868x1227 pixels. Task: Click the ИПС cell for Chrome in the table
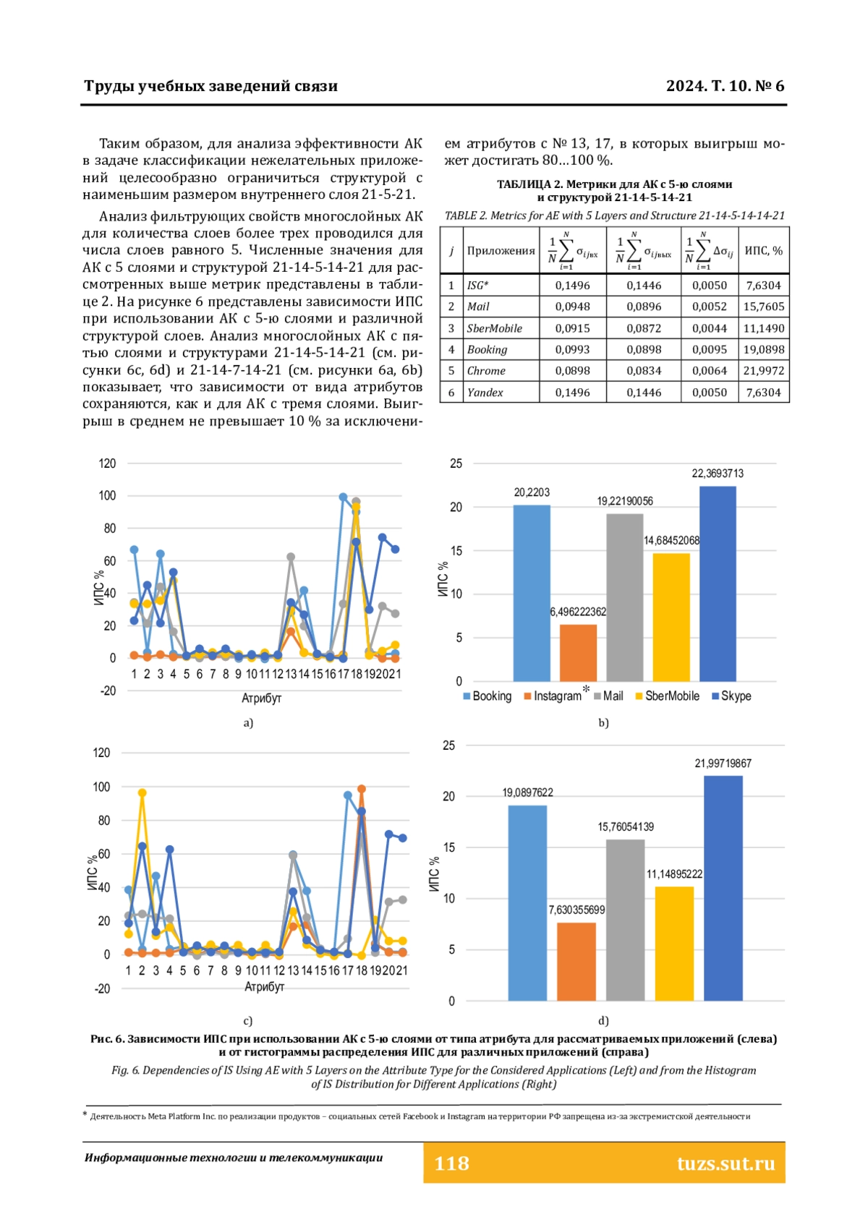click(763, 371)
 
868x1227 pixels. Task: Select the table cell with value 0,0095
click(709, 349)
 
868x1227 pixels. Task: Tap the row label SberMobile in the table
click(494, 328)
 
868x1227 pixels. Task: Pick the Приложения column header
click(501, 251)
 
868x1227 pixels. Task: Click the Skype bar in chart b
click(718, 583)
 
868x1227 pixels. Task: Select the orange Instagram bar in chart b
click(578, 653)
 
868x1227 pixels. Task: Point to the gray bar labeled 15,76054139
click(625, 920)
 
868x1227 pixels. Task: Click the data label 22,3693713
click(718, 474)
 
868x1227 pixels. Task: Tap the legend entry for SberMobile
click(667, 696)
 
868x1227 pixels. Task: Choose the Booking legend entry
click(487, 696)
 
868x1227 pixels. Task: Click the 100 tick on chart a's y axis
click(107, 496)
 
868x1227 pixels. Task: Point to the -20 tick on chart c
click(102, 988)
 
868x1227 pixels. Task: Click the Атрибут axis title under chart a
click(261, 698)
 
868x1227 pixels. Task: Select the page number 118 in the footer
click(451, 1163)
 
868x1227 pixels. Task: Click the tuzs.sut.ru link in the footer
click(726, 1163)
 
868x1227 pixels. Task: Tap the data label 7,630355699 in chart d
click(576, 910)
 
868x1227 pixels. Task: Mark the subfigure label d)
click(603, 1020)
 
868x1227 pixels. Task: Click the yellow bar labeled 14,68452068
click(671, 617)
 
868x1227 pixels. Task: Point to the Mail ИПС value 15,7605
click(763, 307)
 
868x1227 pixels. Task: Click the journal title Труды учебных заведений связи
click(211, 86)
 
